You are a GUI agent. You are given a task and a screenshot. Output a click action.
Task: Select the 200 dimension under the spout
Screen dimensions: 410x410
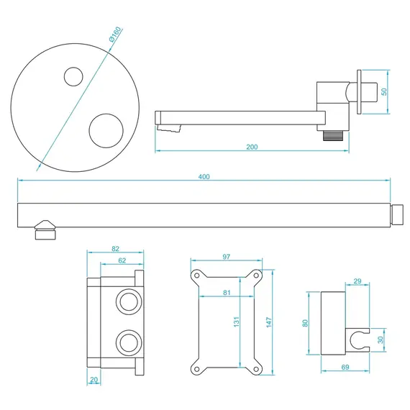(252, 147)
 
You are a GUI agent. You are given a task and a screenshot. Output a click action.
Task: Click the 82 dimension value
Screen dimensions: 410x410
(116, 248)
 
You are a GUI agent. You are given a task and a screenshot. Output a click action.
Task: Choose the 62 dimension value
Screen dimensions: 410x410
(122, 260)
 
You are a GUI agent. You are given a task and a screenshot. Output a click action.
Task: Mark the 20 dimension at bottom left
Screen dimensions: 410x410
(94, 380)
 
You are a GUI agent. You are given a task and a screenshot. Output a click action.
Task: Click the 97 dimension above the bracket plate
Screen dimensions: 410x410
(227, 257)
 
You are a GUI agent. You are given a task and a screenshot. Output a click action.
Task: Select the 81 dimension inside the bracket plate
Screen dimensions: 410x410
(227, 293)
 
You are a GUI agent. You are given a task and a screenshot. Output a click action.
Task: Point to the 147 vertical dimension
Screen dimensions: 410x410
(268, 323)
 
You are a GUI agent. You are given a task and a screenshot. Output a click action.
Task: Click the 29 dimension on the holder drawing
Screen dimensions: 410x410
(357, 281)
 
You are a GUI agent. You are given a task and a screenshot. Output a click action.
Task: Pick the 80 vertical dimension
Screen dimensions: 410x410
(305, 323)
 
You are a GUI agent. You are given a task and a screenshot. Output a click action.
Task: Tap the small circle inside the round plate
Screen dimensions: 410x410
(73, 76)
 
